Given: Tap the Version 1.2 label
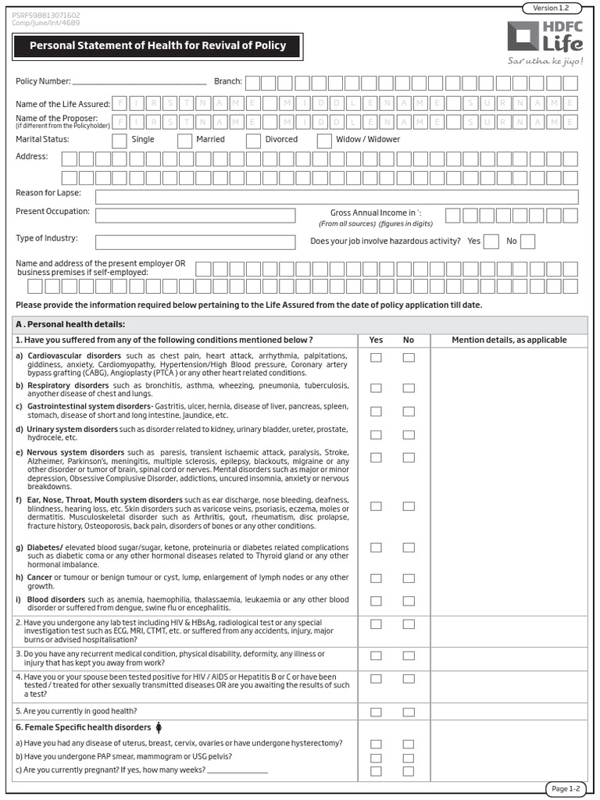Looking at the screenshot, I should [x=552, y=8].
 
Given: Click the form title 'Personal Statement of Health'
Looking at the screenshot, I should [x=157, y=46].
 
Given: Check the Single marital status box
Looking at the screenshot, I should [x=120, y=141].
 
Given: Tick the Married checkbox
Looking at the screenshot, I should [x=185, y=141].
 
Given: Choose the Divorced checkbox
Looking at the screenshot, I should [x=253, y=141].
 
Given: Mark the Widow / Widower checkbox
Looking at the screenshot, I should [x=324, y=141].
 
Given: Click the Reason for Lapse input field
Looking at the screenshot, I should [x=337, y=196].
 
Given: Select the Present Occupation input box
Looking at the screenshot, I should [x=195, y=216].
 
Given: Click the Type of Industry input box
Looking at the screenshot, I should [x=195, y=242].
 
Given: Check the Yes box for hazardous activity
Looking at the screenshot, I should [x=491, y=241].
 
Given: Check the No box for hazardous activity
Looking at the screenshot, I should [x=528, y=241].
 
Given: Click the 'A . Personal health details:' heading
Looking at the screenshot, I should [x=70, y=324].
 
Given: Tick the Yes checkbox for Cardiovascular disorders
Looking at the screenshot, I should [x=376, y=358].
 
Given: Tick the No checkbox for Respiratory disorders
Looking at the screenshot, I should [x=409, y=387].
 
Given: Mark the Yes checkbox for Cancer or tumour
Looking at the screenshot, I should [x=376, y=579].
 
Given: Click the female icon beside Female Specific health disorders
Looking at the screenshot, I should [x=159, y=727].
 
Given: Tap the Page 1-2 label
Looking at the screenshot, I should [x=566, y=788].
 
